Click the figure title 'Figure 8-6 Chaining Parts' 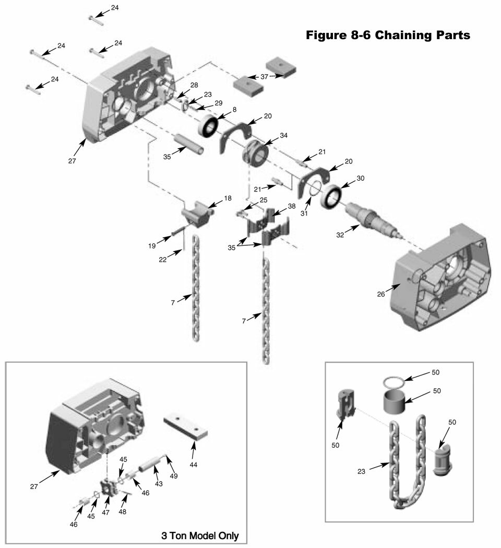tap(388, 35)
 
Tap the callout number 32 tap(340, 235)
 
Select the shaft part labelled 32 tap(372, 219)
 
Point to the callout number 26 tap(381, 294)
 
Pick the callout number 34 tap(283, 136)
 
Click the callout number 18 tap(228, 198)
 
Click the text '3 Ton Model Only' tap(200, 535)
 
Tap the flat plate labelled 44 tap(186, 426)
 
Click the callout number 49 tap(174, 476)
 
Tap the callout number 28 tap(194, 85)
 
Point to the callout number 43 tap(158, 484)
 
